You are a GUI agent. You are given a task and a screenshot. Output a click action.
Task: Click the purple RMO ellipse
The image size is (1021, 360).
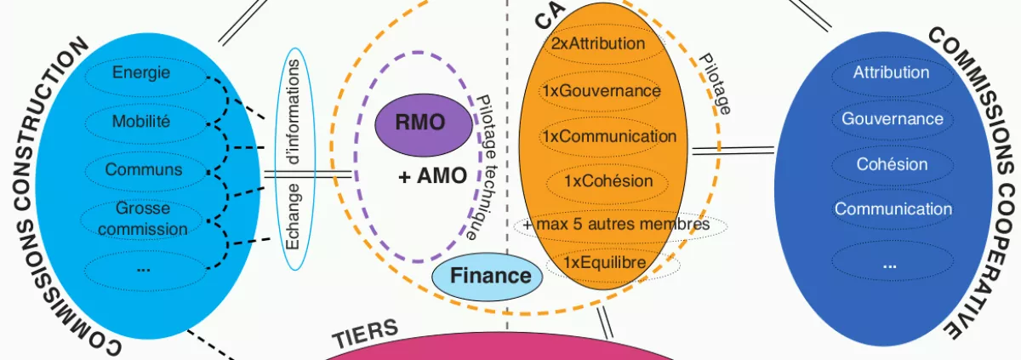point(419,123)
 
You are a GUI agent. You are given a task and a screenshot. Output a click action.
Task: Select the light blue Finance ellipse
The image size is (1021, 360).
point(490,276)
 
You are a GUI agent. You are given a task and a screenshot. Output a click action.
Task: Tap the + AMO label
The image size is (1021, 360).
point(432,176)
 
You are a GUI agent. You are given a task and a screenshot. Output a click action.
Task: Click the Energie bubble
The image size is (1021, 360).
point(141,72)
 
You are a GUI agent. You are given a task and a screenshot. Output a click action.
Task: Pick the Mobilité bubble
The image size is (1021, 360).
point(141,122)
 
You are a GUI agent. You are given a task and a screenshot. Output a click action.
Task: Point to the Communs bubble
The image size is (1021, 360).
point(143,169)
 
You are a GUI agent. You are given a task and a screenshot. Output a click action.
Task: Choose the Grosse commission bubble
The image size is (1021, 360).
point(142,218)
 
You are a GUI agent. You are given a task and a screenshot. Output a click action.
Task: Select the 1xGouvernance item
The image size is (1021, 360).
point(601,90)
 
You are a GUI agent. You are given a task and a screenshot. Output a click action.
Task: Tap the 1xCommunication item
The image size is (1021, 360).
point(608,136)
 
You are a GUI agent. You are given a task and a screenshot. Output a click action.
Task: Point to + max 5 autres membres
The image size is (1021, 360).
point(617,226)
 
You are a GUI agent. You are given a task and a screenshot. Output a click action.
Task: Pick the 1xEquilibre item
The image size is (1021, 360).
point(606,264)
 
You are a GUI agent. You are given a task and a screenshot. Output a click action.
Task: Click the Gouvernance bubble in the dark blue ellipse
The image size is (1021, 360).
point(892,119)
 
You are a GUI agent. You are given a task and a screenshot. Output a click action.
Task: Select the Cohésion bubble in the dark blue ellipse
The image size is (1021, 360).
point(892,164)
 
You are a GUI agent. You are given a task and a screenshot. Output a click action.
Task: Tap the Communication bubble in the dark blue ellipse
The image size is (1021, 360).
point(893,209)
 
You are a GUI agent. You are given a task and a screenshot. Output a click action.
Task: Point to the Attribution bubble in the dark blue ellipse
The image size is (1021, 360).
point(891,73)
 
